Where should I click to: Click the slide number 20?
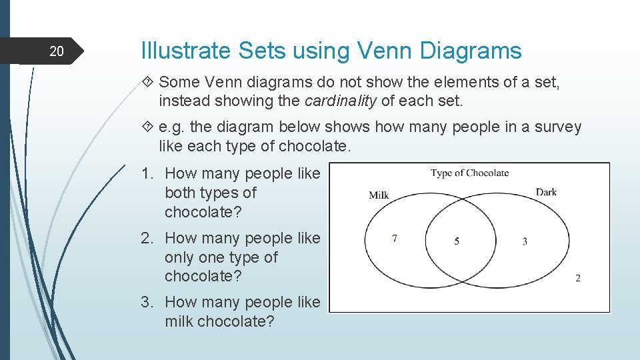click(57, 51)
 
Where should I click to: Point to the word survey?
click(558, 127)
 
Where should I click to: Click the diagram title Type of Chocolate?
click(469, 173)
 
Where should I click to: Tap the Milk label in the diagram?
click(379, 195)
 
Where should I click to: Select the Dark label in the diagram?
click(545, 192)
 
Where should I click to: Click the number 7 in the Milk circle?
click(395, 238)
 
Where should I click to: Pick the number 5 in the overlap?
click(457, 241)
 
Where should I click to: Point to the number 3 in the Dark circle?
click(525, 241)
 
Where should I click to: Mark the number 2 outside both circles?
click(577, 278)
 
